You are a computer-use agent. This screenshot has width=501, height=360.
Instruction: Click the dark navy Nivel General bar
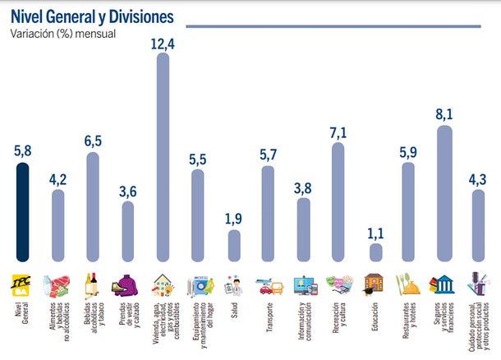[x=23, y=211]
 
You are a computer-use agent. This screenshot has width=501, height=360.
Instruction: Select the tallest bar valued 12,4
[x=163, y=156]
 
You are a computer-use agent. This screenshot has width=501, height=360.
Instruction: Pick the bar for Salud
[x=234, y=245]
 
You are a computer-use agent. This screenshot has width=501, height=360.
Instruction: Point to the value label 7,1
[x=339, y=131]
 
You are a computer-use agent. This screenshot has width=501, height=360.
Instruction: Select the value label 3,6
[x=128, y=190]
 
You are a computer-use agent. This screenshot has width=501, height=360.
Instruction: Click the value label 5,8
[x=23, y=151]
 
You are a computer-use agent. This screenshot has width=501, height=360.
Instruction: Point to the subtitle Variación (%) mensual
[x=62, y=34]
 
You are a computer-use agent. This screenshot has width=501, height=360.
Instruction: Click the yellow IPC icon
[x=23, y=284]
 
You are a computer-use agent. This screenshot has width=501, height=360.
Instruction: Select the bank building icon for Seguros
[x=444, y=284]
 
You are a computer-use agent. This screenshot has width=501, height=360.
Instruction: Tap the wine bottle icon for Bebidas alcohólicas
[x=93, y=284]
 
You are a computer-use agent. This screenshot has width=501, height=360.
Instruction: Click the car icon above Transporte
[x=269, y=285]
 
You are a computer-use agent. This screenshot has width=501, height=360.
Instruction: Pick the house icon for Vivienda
[x=163, y=284]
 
